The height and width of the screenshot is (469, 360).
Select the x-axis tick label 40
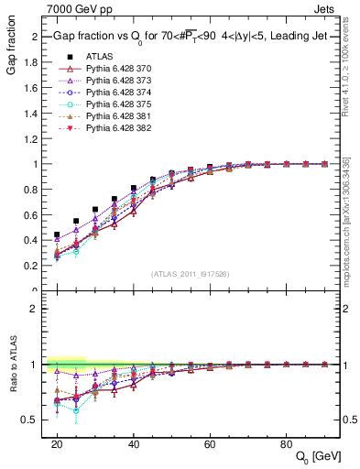(134, 443)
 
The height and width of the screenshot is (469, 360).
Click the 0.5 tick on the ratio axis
(33, 420)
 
